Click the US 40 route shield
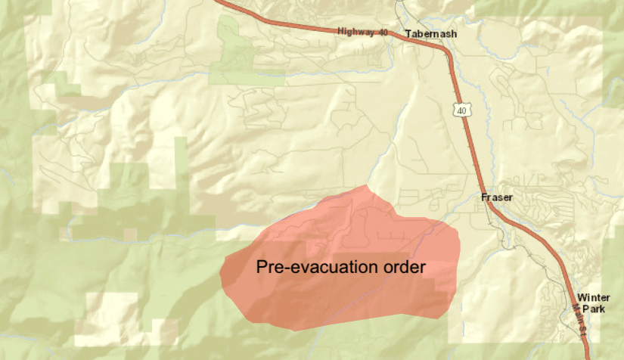(460, 111)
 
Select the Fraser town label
(497, 197)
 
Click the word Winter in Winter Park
(593, 297)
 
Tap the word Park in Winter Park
(593, 309)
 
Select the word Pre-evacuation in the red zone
(310, 267)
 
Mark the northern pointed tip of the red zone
(368, 185)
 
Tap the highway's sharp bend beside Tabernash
(446, 50)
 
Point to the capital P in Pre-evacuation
(261, 267)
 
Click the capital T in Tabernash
(409, 34)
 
